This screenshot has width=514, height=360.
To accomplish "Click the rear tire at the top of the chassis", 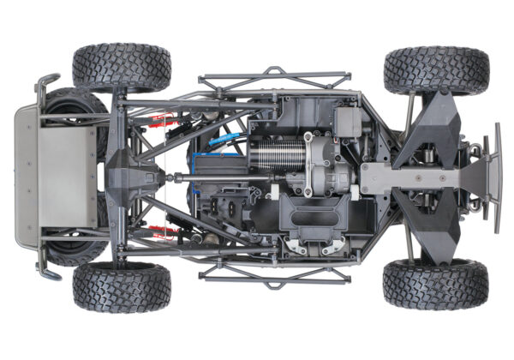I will (121, 67).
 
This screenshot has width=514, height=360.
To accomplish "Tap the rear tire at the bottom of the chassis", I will (121, 286).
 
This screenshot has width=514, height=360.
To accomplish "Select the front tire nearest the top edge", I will (436, 70).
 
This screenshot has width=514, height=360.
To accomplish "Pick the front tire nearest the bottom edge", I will (436, 284).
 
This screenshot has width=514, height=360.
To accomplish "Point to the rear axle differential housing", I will (134, 177).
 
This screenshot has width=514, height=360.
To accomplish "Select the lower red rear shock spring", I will (158, 230).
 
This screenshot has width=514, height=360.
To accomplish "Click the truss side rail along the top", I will (274, 80).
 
